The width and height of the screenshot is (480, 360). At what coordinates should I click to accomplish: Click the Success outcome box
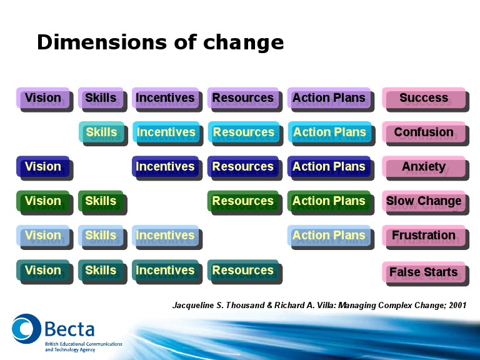coord(424,99)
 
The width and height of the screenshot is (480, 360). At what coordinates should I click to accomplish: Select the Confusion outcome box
coord(424,133)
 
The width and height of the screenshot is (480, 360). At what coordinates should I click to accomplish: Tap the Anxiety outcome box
coord(424,167)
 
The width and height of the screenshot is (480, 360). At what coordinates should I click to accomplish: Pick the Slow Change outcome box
coord(424,202)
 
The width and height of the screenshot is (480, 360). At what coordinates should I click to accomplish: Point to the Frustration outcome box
coord(424,236)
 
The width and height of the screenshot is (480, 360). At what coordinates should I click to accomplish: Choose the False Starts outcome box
coord(424,272)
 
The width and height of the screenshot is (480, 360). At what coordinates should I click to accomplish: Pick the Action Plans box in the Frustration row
coord(329,236)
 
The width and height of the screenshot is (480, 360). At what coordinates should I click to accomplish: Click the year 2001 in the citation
coord(457,306)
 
